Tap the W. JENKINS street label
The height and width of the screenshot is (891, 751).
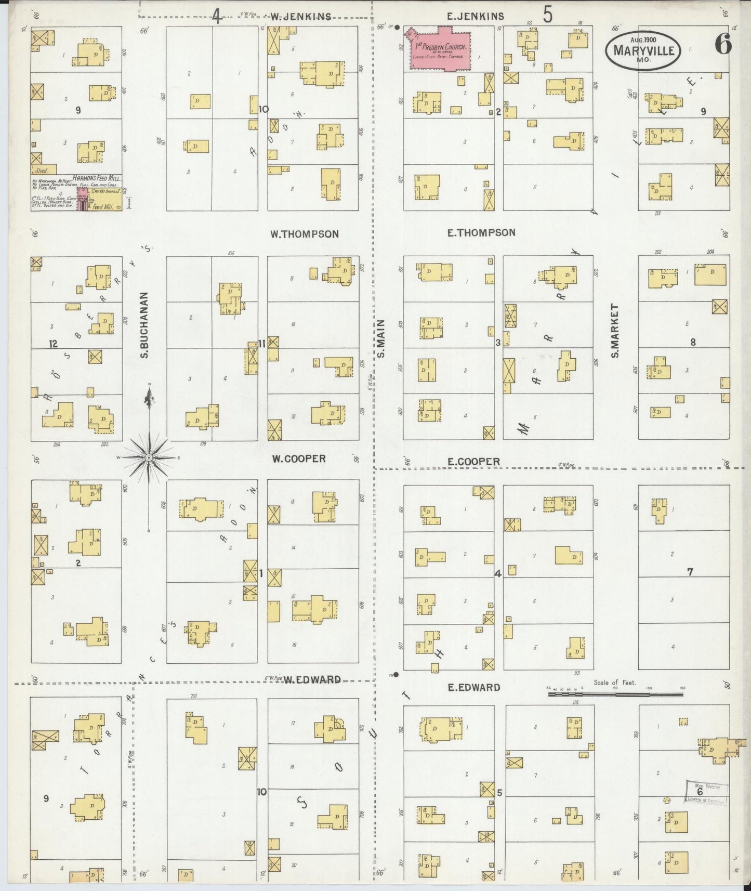[x=300, y=17]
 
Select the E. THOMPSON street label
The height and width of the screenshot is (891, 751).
[x=481, y=233]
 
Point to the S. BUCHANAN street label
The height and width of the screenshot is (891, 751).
[x=144, y=324]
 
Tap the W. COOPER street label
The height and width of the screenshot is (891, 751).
[x=299, y=458]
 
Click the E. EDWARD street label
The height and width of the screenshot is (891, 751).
[x=474, y=687]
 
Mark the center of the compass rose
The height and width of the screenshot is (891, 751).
[x=149, y=457]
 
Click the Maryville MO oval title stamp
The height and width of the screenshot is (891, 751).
[x=643, y=50]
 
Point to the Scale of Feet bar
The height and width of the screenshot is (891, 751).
[x=615, y=693]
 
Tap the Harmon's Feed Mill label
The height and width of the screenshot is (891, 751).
[x=97, y=178]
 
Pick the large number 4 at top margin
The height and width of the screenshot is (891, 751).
[x=217, y=17]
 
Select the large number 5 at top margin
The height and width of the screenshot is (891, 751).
[x=548, y=15]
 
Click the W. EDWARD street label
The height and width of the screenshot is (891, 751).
[x=312, y=680]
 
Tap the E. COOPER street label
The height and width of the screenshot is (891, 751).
[x=473, y=462]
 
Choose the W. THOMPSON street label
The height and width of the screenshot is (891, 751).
[x=304, y=234]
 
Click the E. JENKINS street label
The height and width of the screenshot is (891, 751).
[x=475, y=17]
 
